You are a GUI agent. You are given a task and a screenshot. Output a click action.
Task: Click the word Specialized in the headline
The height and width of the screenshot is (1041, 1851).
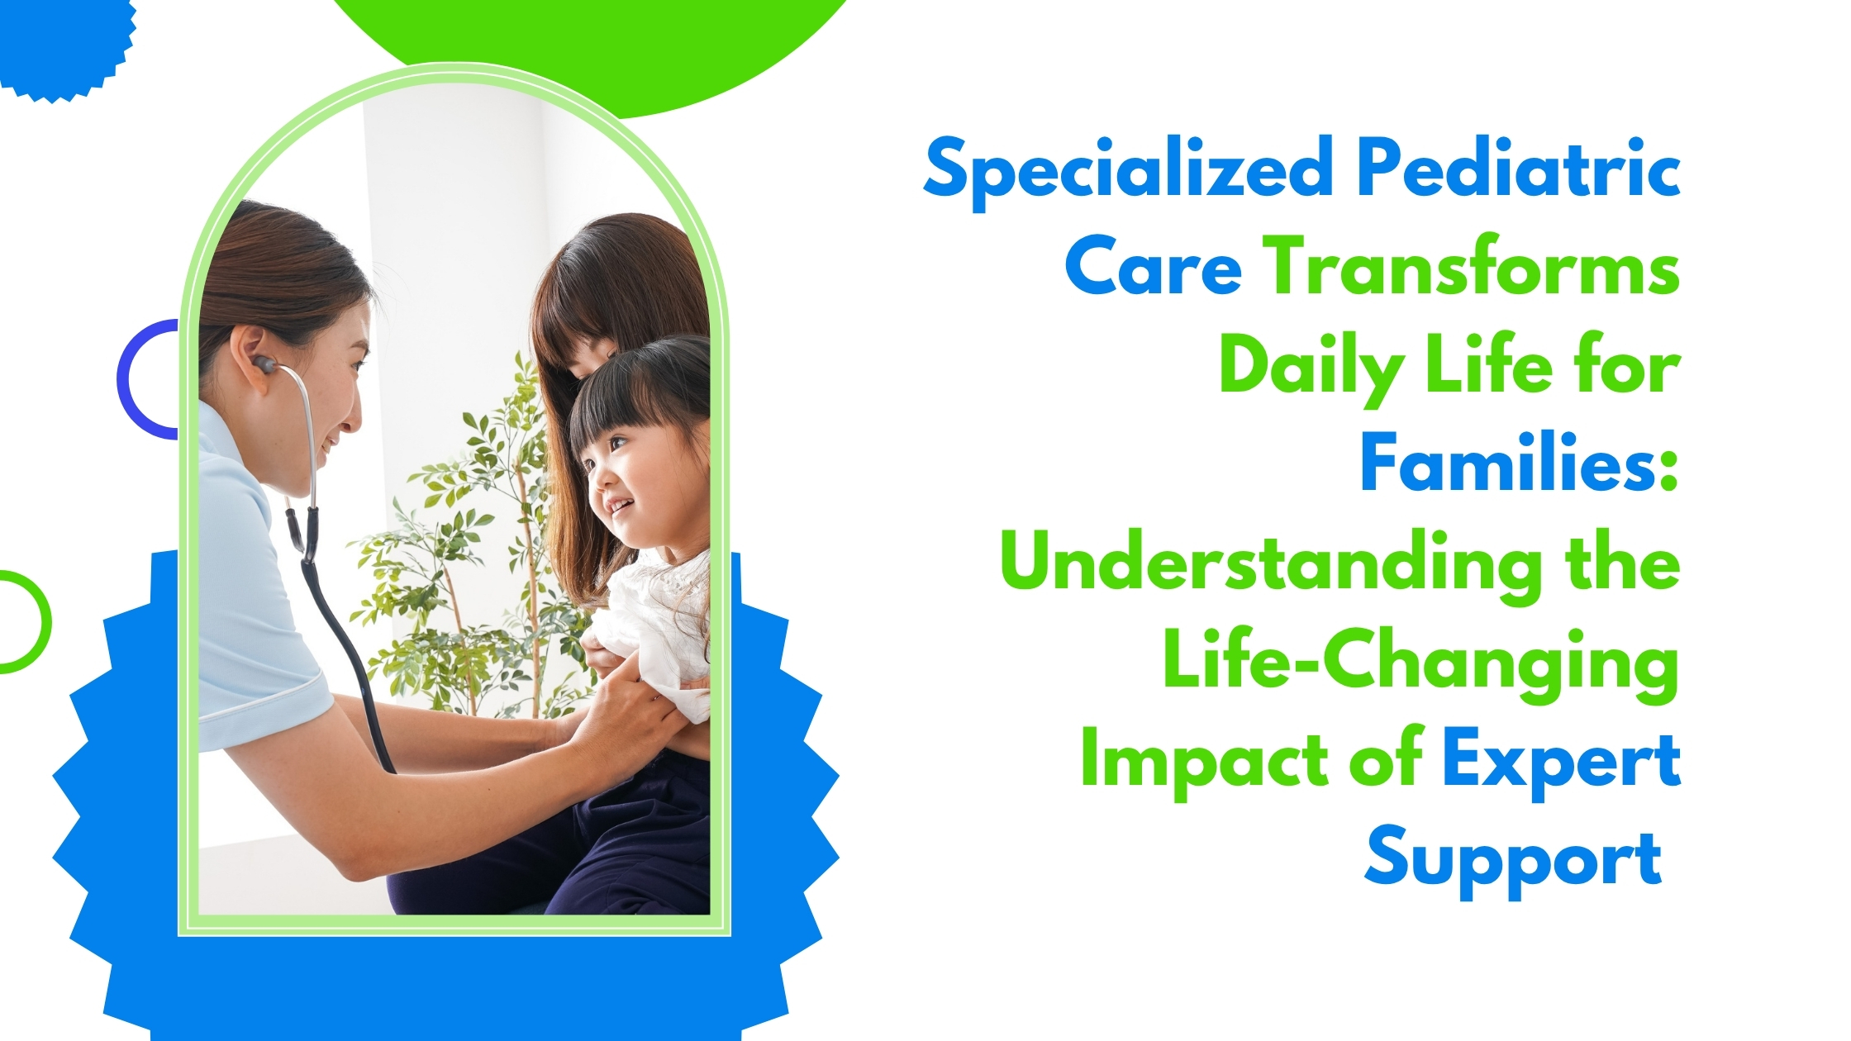(x=1128, y=171)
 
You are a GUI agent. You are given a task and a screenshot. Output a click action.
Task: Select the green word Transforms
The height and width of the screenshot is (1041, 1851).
(x=1473, y=268)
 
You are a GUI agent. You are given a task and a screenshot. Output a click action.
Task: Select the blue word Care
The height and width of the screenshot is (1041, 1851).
(x=1154, y=268)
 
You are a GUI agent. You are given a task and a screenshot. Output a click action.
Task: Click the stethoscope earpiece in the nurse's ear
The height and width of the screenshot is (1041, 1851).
(x=264, y=364)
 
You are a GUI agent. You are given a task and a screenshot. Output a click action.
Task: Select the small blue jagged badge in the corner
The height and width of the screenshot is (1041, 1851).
(x=62, y=41)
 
